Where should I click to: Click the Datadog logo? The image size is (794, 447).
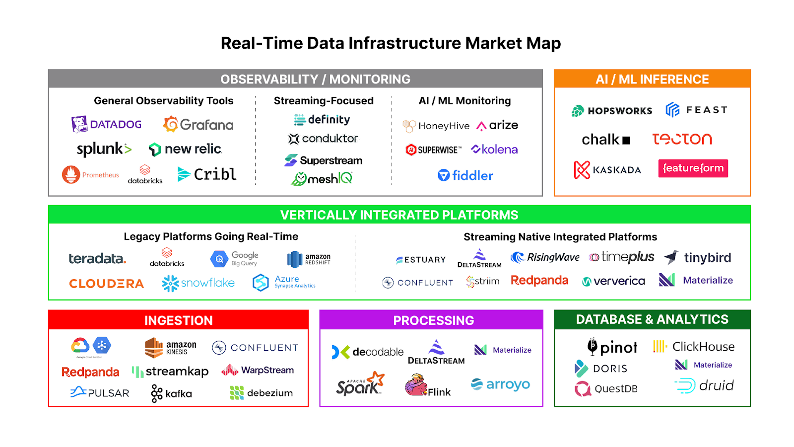106,124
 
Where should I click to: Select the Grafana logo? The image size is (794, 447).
198,124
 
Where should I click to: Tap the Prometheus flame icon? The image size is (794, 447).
71,174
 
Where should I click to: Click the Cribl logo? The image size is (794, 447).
207,174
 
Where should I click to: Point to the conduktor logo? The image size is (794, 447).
323,139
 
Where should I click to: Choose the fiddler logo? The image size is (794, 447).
465,175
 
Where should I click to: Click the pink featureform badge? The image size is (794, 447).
693,168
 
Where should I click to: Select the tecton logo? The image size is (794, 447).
682,139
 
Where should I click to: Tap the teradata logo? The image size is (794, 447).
97,258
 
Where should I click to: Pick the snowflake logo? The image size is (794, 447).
198,283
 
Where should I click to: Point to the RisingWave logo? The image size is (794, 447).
545,257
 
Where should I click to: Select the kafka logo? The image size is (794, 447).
171,393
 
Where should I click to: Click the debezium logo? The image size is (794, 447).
261,393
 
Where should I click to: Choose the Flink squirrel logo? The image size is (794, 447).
427,385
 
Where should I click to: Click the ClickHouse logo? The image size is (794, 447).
693,347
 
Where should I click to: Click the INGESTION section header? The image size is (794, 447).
178,320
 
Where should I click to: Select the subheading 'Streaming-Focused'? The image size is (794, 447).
324,101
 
